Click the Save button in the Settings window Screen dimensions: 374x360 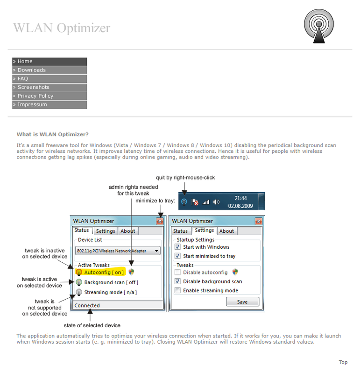242,302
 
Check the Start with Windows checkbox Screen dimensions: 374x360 177,247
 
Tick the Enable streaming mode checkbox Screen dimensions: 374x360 177,291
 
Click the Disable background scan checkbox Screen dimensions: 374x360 177,281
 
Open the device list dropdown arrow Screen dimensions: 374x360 155,251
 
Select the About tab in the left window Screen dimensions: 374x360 127,231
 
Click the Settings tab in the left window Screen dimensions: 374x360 106,231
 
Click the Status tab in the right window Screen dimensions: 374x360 180,231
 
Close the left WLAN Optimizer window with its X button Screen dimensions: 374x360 160,221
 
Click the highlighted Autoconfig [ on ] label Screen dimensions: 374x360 104,273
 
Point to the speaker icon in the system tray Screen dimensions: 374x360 216,202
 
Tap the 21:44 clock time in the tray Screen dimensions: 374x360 240,198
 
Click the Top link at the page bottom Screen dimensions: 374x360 343,362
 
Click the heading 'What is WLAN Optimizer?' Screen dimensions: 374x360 53,135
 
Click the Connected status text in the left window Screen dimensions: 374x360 87,306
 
